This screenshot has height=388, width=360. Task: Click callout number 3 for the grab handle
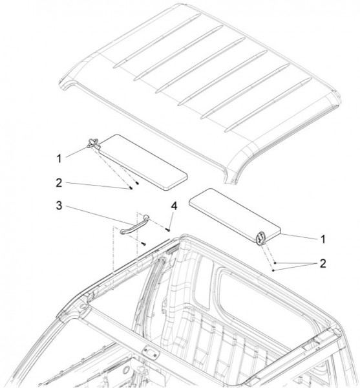coord(59,206)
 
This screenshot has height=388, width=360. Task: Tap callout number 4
coord(175,206)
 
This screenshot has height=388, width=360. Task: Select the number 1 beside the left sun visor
coord(59,158)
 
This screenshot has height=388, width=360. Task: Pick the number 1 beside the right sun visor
coord(323,239)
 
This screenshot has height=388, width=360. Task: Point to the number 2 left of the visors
coord(59,183)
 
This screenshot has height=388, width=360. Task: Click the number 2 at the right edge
coord(323,264)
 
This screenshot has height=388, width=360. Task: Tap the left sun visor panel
coord(143,162)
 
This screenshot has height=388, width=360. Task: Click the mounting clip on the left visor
coord(93,144)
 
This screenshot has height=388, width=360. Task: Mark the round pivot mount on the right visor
coord(260,239)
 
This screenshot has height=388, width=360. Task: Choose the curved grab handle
coord(134,224)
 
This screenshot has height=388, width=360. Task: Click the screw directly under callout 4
coord(169,230)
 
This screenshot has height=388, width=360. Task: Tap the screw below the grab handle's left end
coord(144,244)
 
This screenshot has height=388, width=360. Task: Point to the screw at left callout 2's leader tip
coord(131,189)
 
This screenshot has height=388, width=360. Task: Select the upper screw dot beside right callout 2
coord(275,263)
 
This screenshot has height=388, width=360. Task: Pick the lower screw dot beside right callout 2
coord(273,270)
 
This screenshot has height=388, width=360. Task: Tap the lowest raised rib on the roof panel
coord(268,105)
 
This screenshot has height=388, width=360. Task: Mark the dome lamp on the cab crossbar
coord(151,352)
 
